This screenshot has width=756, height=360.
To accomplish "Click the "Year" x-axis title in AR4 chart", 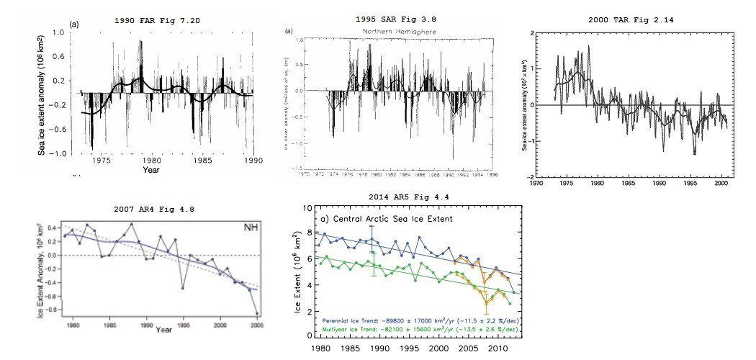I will coord(164,330).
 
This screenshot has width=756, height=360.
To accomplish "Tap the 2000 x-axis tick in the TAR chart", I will coord(719,184).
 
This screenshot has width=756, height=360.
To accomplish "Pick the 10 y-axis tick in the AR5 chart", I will coord(307,208).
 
